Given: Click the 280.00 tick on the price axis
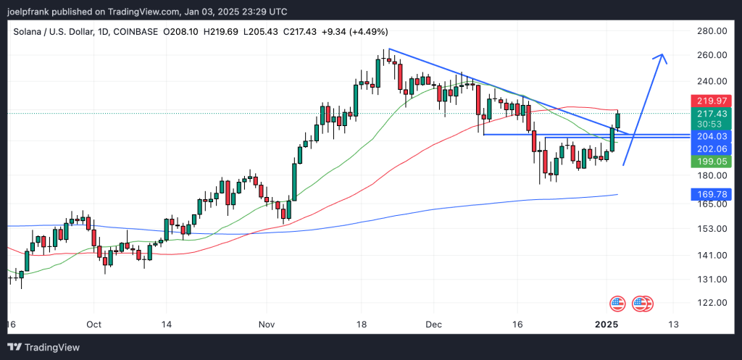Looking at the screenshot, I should pos(710,30).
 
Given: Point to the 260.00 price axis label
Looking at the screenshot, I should pos(710,55).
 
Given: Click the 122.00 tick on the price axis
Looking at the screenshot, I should pos(710,303).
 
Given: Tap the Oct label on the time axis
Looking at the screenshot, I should pos(94,325).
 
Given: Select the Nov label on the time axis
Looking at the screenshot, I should pos(267,325).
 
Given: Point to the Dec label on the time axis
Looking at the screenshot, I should pos(434,325).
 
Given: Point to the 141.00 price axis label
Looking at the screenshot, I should pos(710,255).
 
